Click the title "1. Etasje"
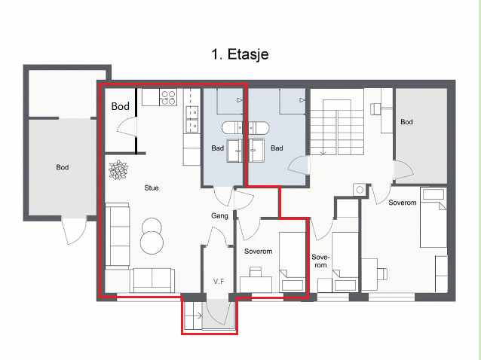(240, 54)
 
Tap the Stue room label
(152, 188)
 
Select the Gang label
(219, 215)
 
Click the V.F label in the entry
(219, 281)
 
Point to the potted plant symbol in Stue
(118, 169)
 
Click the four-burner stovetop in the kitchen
(168, 97)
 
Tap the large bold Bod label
(121, 106)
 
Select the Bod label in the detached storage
(63, 167)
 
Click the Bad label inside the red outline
(217, 148)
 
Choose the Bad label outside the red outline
(277, 148)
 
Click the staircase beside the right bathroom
(337, 127)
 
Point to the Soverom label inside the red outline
(259, 252)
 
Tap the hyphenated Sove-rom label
(320, 261)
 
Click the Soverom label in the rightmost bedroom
(403, 203)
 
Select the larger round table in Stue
(152, 243)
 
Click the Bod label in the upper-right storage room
(406, 122)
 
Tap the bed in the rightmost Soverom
(434, 217)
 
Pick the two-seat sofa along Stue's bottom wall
(152, 280)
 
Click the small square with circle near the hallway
(360, 190)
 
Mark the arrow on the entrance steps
(198, 316)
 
